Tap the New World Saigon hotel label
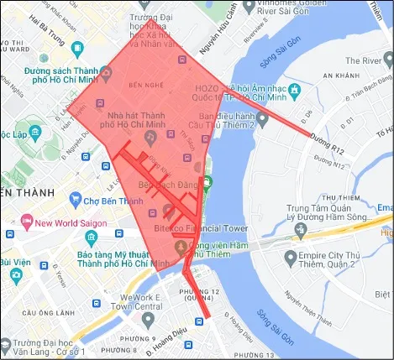click(x=73, y=222)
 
